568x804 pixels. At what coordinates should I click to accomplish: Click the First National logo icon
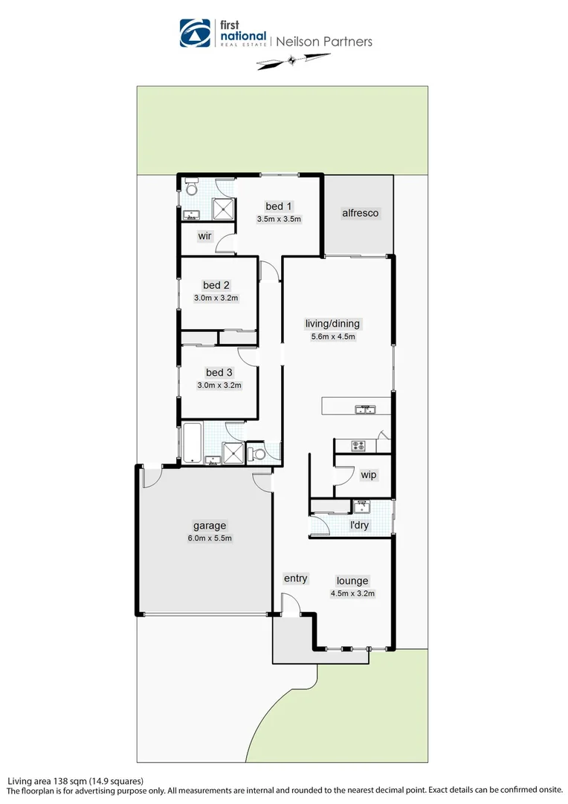(196, 33)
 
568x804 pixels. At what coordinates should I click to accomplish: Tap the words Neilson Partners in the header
(324, 42)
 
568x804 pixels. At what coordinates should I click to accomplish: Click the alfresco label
(360, 213)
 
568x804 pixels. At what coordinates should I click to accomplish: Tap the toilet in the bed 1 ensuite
(191, 185)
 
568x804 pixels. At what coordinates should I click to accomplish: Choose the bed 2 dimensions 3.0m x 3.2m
(215, 298)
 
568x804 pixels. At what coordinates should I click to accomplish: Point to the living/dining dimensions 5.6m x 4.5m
(332, 336)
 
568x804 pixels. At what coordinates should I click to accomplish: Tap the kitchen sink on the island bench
(365, 409)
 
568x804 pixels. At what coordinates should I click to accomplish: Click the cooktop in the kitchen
(358, 446)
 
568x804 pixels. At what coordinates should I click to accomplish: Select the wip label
(368, 475)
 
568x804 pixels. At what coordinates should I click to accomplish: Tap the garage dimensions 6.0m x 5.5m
(210, 538)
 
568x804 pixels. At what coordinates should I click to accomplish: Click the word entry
(295, 578)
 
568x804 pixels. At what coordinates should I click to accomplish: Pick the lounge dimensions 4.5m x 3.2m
(352, 594)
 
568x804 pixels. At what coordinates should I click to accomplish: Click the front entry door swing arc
(291, 602)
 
